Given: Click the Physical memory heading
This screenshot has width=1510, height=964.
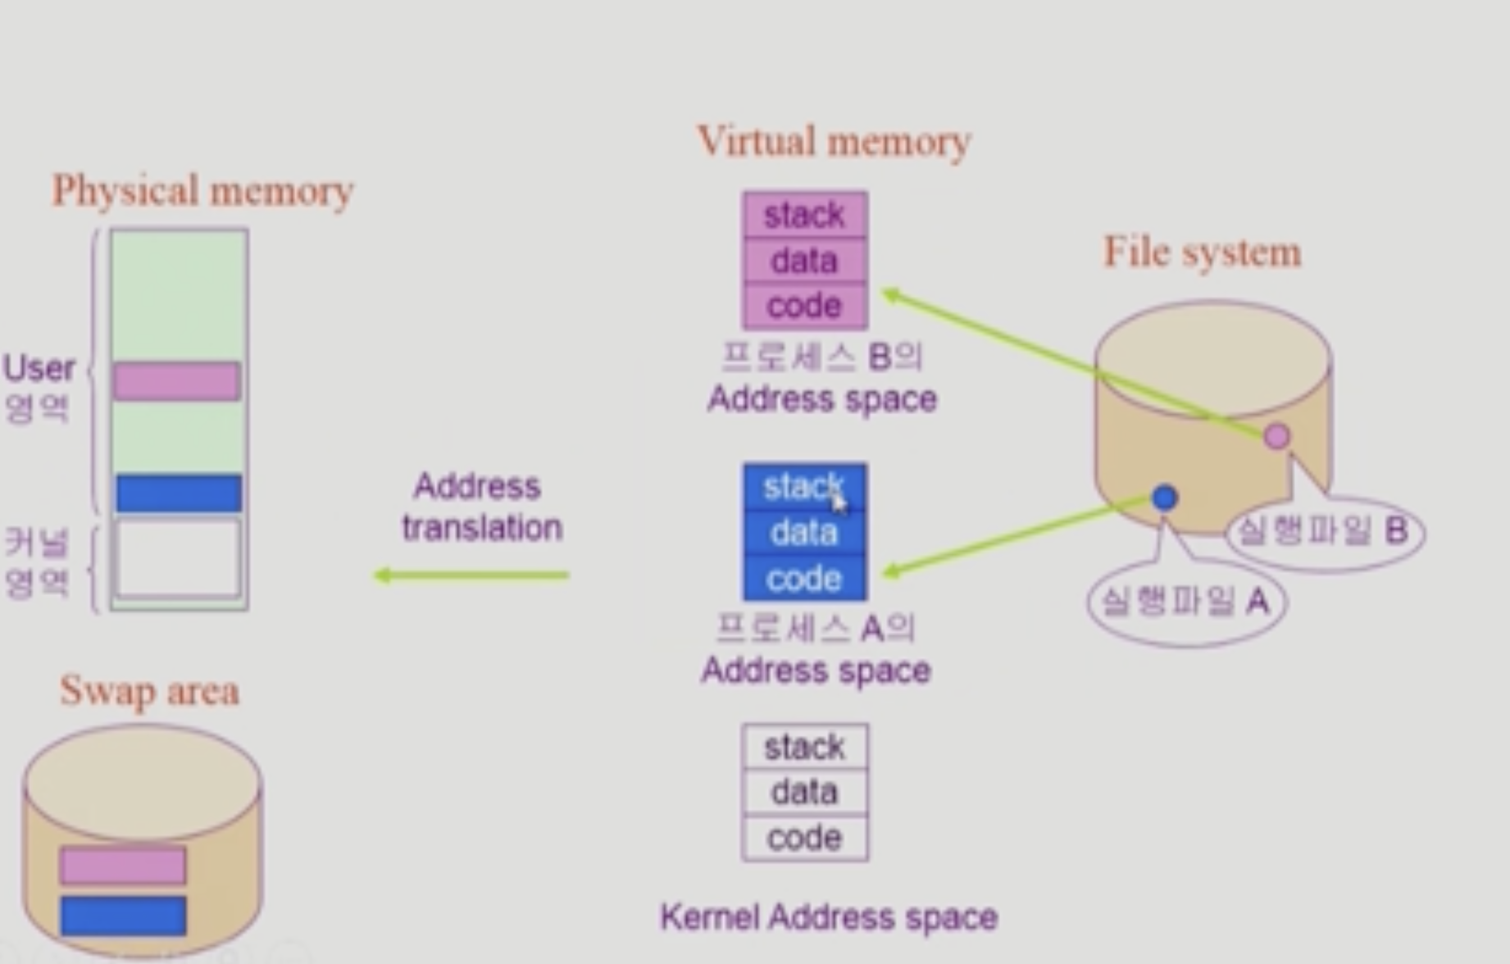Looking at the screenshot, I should click(x=202, y=191).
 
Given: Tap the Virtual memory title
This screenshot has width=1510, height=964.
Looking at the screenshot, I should click(x=834, y=141).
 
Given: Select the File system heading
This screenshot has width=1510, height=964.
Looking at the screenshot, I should click(x=1202, y=252).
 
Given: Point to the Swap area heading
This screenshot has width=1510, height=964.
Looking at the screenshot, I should click(x=149, y=691).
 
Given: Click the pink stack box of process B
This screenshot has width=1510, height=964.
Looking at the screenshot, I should click(x=804, y=215).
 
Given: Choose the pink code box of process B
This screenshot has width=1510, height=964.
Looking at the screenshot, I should click(x=804, y=306).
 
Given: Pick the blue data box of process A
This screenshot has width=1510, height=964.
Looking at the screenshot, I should click(x=804, y=533).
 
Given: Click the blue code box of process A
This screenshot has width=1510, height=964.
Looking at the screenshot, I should click(x=804, y=579).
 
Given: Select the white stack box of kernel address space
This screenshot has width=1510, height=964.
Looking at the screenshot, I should click(x=804, y=747).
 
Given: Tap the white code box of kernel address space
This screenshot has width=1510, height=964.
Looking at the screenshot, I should click(x=804, y=838).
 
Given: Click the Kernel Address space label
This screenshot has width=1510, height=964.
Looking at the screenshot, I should click(x=829, y=917).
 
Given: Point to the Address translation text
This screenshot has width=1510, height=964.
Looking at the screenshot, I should click(x=480, y=507).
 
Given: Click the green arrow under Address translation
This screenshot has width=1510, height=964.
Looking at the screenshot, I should click(x=471, y=575).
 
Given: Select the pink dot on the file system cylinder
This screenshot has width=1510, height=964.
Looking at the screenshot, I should click(x=1276, y=436).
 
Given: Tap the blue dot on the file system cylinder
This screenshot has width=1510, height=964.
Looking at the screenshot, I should click(x=1165, y=498).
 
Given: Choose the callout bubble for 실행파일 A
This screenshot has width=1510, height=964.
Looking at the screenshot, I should click(x=1186, y=602).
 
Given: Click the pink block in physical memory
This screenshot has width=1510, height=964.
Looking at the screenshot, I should click(x=177, y=381).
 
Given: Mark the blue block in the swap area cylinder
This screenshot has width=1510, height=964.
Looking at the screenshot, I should click(x=123, y=916).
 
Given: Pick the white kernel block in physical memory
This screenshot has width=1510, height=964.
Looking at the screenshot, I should click(x=179, y=558).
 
